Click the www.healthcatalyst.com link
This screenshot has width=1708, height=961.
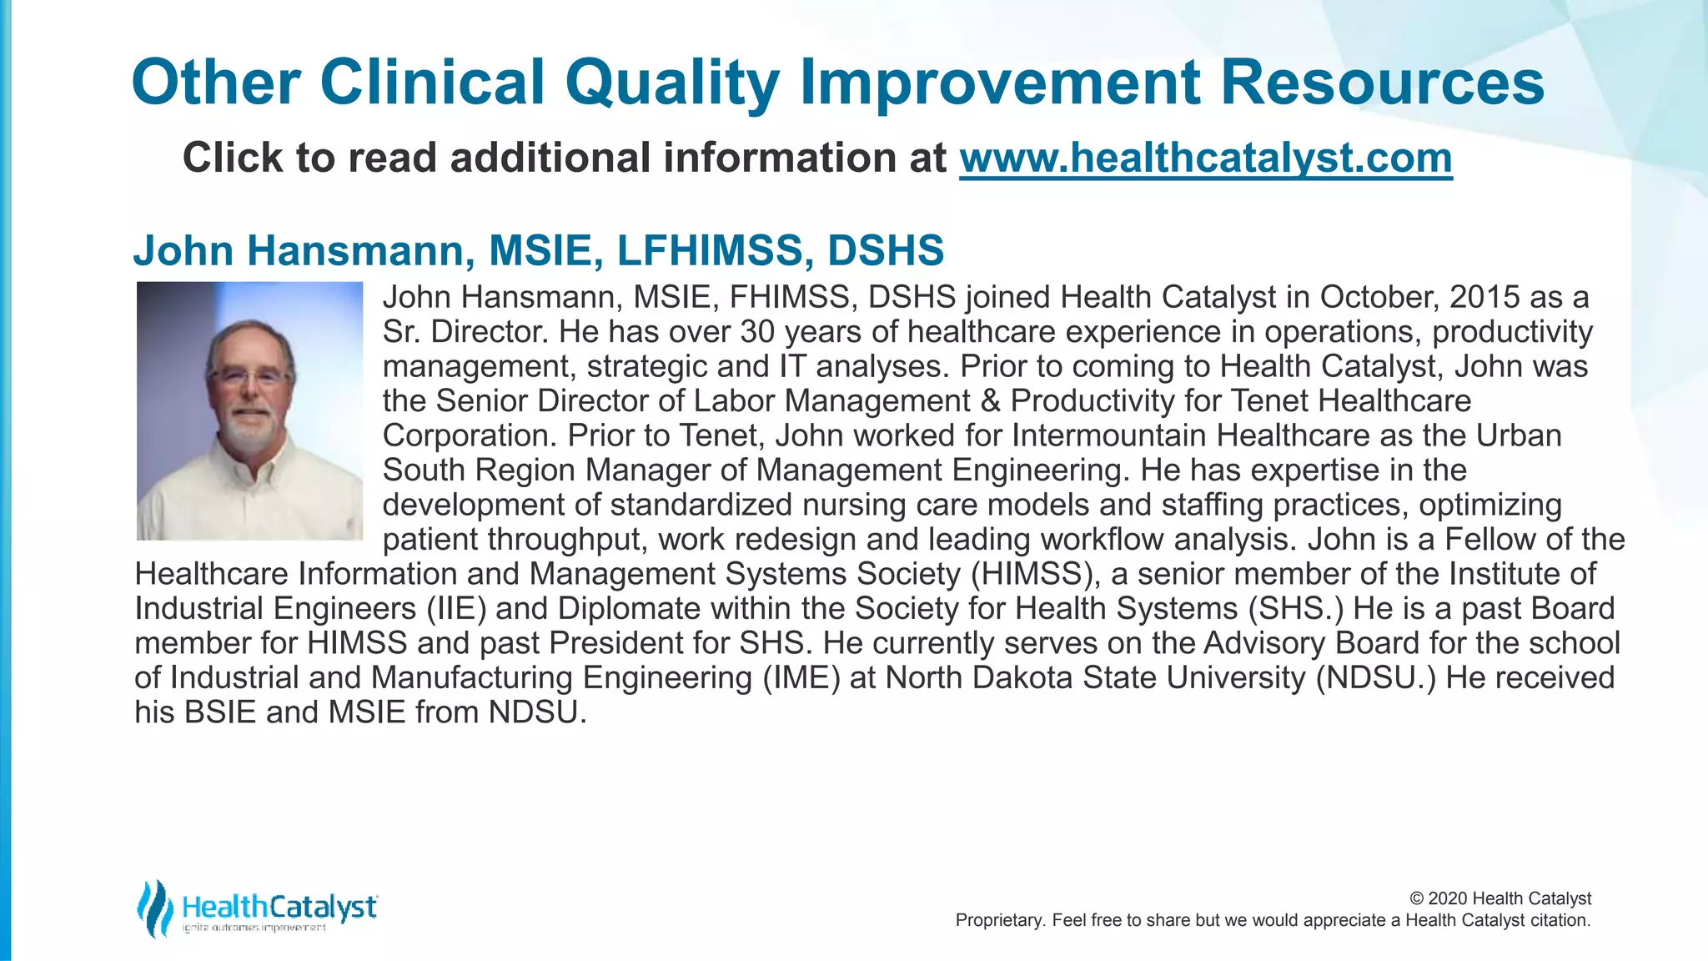[x=1205, y=158]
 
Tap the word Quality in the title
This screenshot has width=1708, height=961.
[x=671, y=83]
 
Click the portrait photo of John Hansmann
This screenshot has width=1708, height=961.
[x=249, y=410]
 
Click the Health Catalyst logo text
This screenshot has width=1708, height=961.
[x=279, y=906]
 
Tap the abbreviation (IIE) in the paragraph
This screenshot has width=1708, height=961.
[x=456, y=608]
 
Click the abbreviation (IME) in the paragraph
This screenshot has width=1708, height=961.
[x=801, y=677]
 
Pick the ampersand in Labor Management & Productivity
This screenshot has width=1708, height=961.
[x=991, y=401]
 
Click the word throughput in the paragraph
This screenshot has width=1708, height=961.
[x=567, y=540]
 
